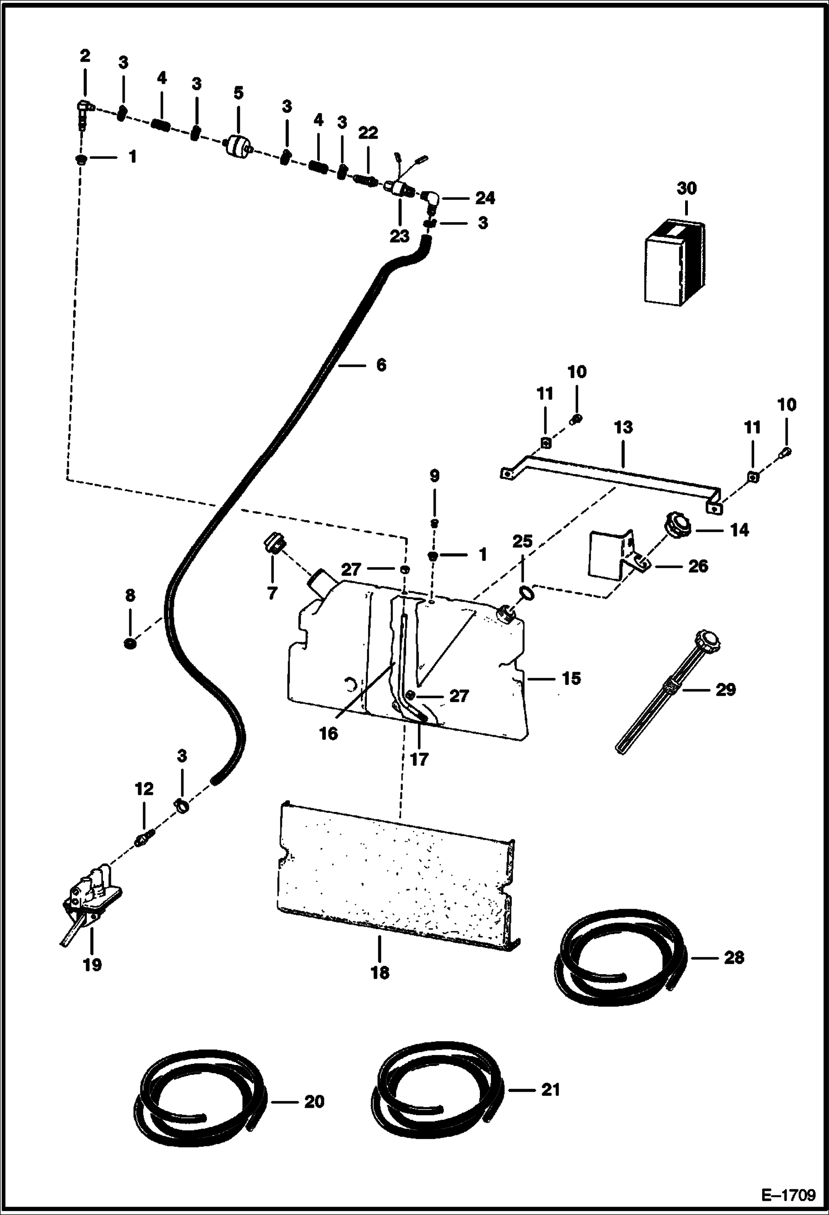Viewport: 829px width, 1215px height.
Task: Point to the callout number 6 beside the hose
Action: (x=381, y=365)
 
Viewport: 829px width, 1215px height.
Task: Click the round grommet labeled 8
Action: (x=131, y=643)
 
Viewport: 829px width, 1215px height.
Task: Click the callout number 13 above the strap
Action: (x=623, y=428)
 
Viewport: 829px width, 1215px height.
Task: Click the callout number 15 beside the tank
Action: (x=571, y=678)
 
